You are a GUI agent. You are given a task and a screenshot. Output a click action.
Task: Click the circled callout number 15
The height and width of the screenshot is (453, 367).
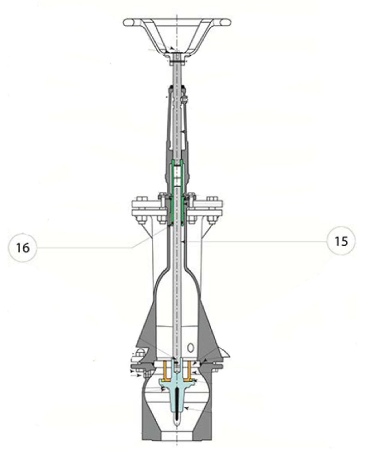pos(341,241)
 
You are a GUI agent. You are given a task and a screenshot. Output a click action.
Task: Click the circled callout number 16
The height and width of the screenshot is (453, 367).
pos(22,248)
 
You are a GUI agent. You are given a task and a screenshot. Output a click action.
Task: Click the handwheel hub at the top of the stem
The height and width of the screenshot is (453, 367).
pos(177,57)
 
